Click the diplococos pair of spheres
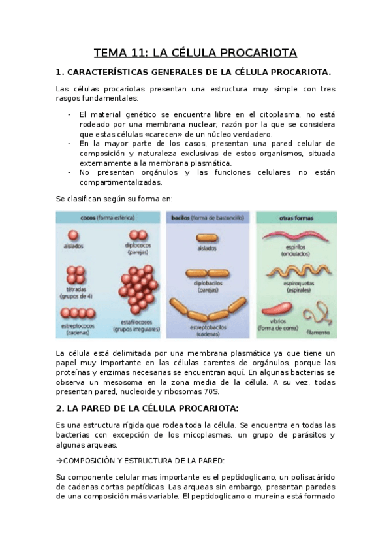coord(138,235)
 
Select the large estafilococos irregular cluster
coord(139,288)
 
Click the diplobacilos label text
coord(206,284)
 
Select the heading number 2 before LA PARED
coord(59,408)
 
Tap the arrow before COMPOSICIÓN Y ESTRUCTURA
coord(59,460)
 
